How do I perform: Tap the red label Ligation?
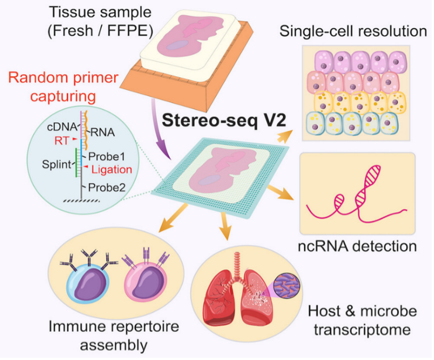pos(112,170)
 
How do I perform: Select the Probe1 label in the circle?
pos(107,156)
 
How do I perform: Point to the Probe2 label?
pos(107,187)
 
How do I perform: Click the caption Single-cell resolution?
pos(354,31)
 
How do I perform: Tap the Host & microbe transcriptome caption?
pos(362,320)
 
